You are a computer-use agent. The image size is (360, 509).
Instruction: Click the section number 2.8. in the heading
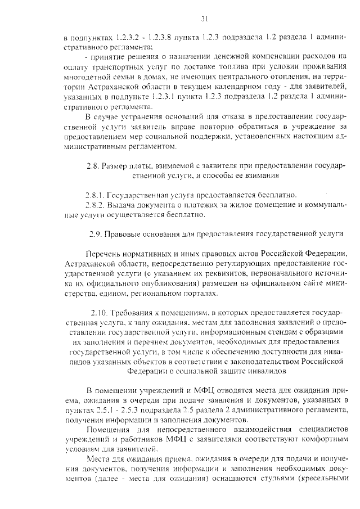(x=93, y=166)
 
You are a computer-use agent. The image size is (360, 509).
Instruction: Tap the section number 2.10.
(x=100, y=312)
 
